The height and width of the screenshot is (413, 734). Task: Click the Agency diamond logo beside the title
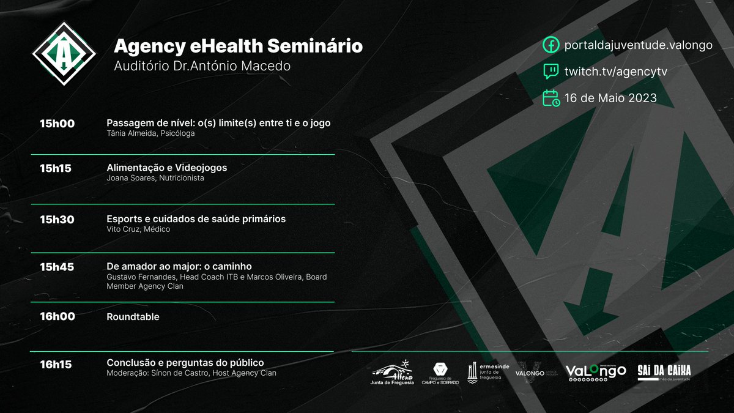tap(64, 54)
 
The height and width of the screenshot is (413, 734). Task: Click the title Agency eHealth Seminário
tap(238, 46)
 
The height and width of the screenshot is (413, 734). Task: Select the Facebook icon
tap(551, 45)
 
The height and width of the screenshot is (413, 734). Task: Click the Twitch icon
tap(551, 72)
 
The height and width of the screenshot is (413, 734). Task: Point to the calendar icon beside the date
tap(551, 98)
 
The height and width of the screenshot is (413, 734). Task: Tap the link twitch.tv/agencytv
tap(615, 72)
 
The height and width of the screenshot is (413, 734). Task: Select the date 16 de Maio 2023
tap(610, 98)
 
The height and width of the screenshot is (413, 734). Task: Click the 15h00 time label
tap(57, 124)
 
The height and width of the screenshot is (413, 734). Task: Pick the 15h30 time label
tap(57, 220)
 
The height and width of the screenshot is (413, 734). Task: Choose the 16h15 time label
tap(56, 365)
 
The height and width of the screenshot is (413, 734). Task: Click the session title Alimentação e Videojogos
tap(167, 168)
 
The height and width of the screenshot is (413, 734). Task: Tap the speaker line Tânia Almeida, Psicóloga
tap(150, 133)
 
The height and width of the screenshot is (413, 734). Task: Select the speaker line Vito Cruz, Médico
tap(138, 229)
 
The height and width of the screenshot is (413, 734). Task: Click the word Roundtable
tap(133, 317)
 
